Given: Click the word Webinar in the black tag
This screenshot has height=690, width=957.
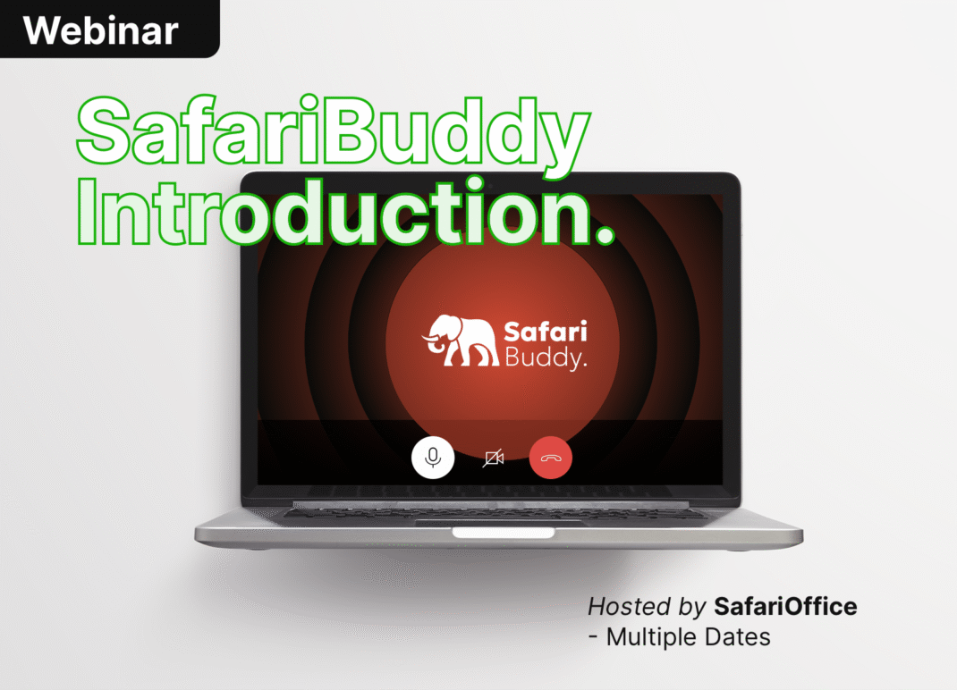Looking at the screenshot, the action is (101, 30).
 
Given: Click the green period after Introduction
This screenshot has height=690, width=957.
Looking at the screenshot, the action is (604, 233).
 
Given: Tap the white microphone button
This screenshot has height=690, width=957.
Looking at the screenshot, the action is (433, 458).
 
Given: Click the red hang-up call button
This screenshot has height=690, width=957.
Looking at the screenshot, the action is (551, 458).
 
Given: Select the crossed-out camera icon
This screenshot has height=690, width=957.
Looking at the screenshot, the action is (493, 458).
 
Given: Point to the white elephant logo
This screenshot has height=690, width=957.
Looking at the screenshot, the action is (461, 341).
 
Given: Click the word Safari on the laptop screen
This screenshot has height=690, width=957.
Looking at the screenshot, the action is (545, 332).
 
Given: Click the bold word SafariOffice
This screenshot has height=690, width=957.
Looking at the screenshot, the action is (785, 606).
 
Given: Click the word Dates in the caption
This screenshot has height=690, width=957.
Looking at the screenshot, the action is (737, 637).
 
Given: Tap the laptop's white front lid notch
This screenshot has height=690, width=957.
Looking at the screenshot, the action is (503, 533).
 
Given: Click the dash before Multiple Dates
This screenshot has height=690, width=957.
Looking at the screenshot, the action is (593, 637).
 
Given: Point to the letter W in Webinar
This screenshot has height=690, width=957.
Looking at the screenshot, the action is (41, 30).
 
